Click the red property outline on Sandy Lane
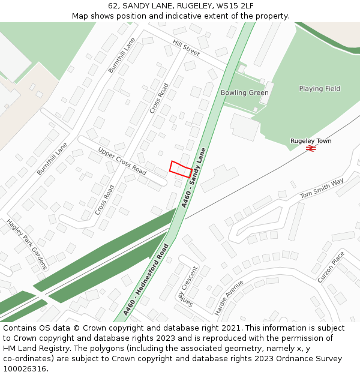pyautogui.click(x=181, y=169)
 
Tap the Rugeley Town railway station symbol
pyautogui.click(x=311, y=148)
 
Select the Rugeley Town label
pyautogui.click(x=311, y=141)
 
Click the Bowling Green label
pyautogui.click(x=244, y=93)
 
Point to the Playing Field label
pyautogui.click(x=319, y=89)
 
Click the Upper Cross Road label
pyautogui.click(x=122, y=161)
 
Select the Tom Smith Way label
pyautogui.click(x=322, y=188)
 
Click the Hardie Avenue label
pyautogui.click(x=229, y=298)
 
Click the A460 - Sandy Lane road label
pyautogui.click(x=197, y=179)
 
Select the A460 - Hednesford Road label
pyautogui.click(x=146, y=280)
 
